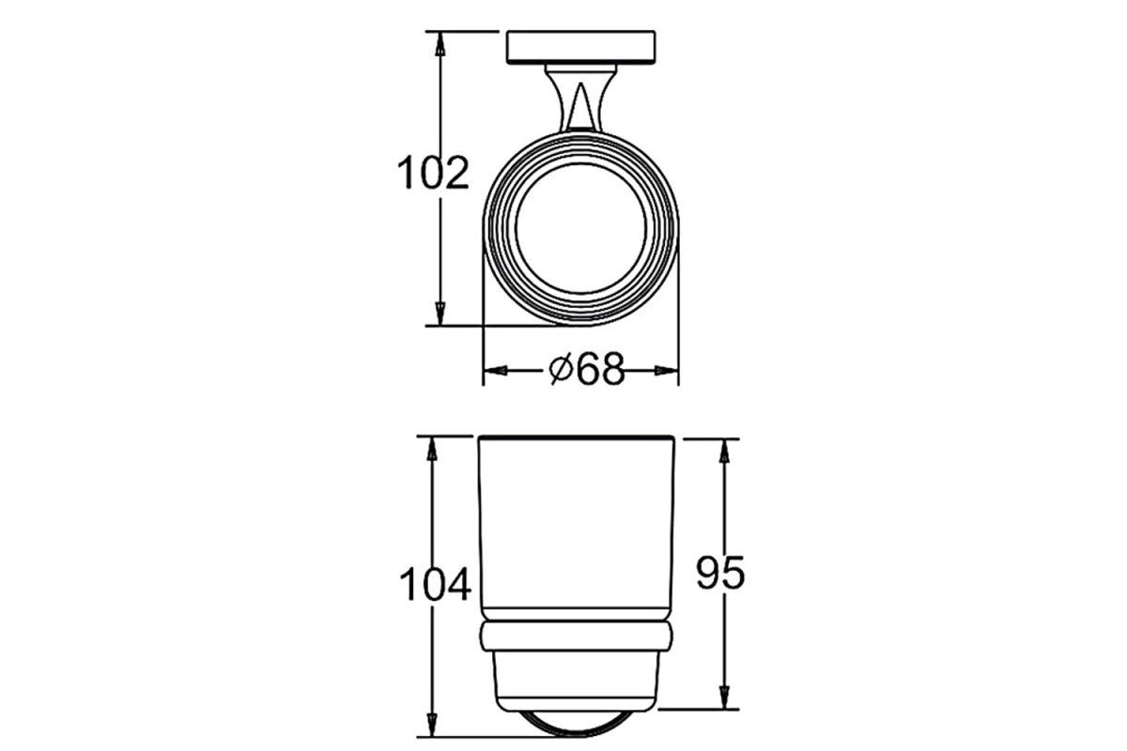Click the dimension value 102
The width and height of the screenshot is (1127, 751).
[433, 173]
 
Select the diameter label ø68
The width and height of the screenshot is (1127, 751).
[587, 370]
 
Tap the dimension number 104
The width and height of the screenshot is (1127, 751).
[435, 584]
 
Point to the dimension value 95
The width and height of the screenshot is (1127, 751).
[720, 573]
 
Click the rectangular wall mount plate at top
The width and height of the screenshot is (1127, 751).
[580, 47]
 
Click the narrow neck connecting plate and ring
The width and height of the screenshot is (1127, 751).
[580, 99]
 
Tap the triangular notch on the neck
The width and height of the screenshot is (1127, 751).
[581, 107]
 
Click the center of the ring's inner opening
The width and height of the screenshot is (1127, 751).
[580, 228]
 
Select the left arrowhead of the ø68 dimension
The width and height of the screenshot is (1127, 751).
[494, 371]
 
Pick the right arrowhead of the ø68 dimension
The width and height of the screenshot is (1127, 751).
[667, 371]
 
